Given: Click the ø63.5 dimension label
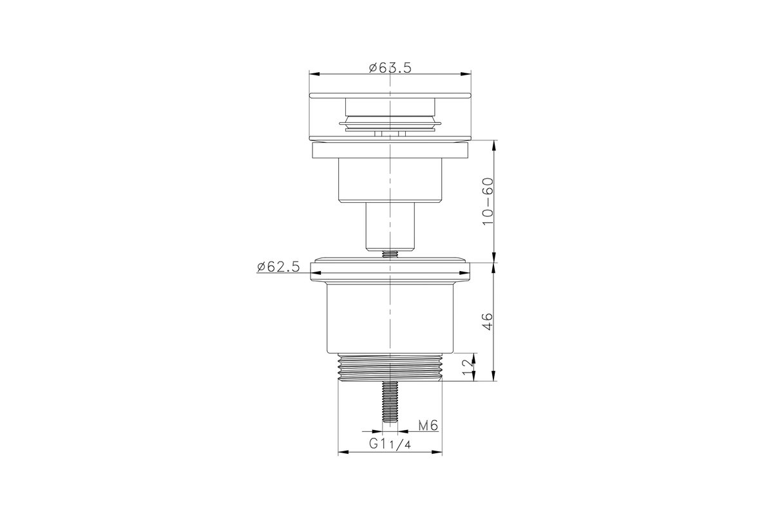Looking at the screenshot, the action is (390, 68).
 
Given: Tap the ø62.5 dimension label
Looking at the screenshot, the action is (278, 267).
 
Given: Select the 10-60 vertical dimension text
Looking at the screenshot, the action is (488, 201).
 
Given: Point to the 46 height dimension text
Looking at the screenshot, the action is (488, 321).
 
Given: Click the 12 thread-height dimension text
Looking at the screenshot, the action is (466, 368).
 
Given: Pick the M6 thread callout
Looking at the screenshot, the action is (428, 426).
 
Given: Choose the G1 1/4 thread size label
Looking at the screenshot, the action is (390, 444).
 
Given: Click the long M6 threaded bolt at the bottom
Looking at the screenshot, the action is (390, 402).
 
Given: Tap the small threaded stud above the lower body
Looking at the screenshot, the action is (390, 254).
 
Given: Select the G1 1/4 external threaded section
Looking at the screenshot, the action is (390, 368).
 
